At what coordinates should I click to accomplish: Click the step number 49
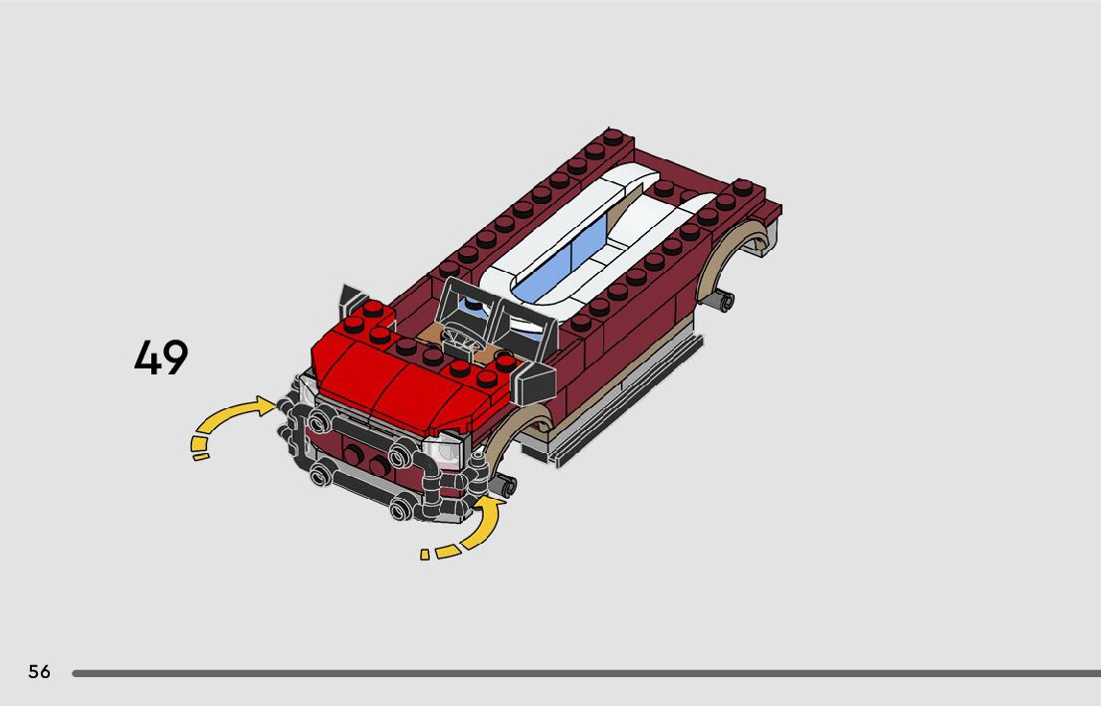[161, 356]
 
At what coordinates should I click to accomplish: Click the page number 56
[40, 671]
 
